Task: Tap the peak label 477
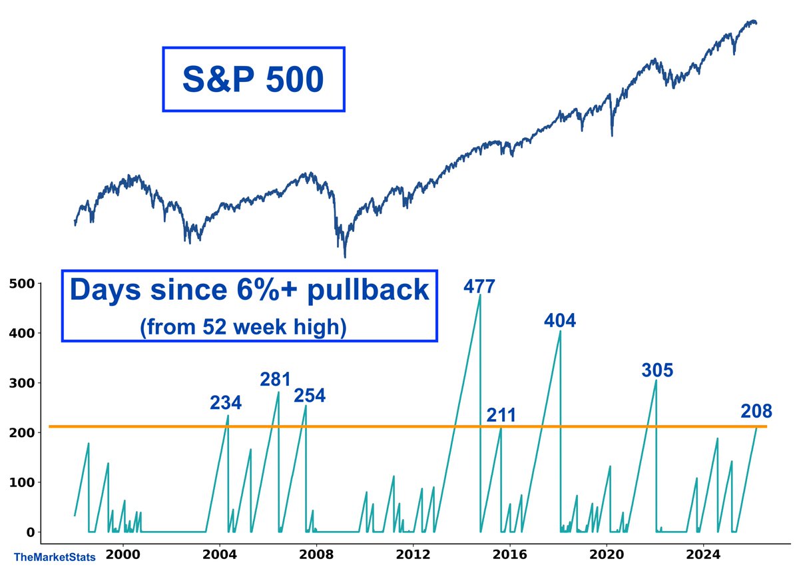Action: tap(479, 287)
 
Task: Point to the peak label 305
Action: tap(657, 371)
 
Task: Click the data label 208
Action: tap(756, 412)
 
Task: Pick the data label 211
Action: tap(501, 416)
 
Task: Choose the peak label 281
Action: tap(275, 380)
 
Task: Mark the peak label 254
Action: tap(310, 396)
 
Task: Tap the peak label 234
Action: tap(226, 403)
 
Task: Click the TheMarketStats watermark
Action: tap(54, 556)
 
